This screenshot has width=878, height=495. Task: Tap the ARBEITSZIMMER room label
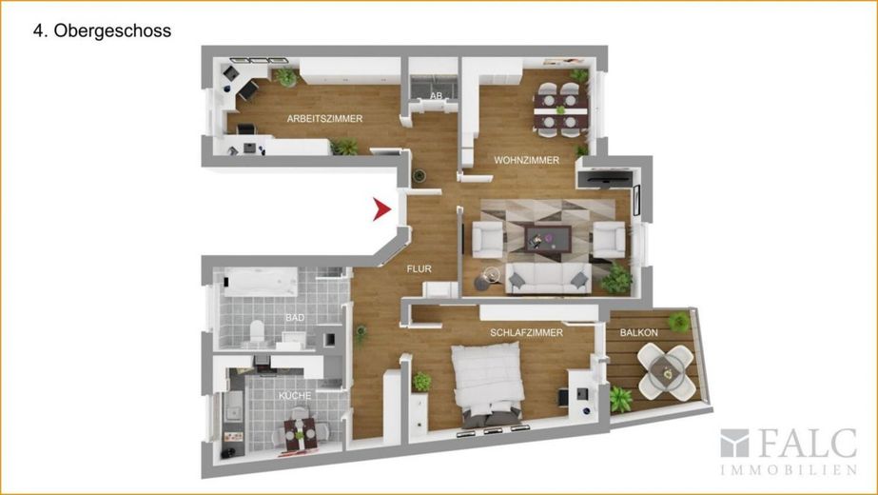coord(324,119)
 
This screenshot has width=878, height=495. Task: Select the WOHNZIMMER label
coord(526,160)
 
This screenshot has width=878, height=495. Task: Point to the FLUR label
coord(419,269)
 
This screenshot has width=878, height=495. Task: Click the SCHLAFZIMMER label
coord(526,332)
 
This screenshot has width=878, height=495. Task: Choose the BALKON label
coord(639,332)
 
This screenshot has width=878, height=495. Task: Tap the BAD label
coord(295,318)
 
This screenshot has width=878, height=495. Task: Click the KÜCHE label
coord(295,396)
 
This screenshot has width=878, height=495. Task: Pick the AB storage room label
coord(437,96)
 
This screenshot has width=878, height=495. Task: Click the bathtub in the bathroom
coord(261,282)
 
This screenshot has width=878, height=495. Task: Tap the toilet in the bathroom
coord(257,331)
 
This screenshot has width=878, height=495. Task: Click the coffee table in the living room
coord(547,238)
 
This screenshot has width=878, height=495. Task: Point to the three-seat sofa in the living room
coord(548,279)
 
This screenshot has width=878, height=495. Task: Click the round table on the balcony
coord(666,372)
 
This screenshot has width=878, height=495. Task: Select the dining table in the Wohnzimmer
coord(560,109)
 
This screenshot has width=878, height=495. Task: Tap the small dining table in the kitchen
coord(300,434)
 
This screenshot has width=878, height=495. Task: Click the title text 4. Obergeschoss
coord(102,30)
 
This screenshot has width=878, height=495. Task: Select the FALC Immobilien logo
coord(789,451)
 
